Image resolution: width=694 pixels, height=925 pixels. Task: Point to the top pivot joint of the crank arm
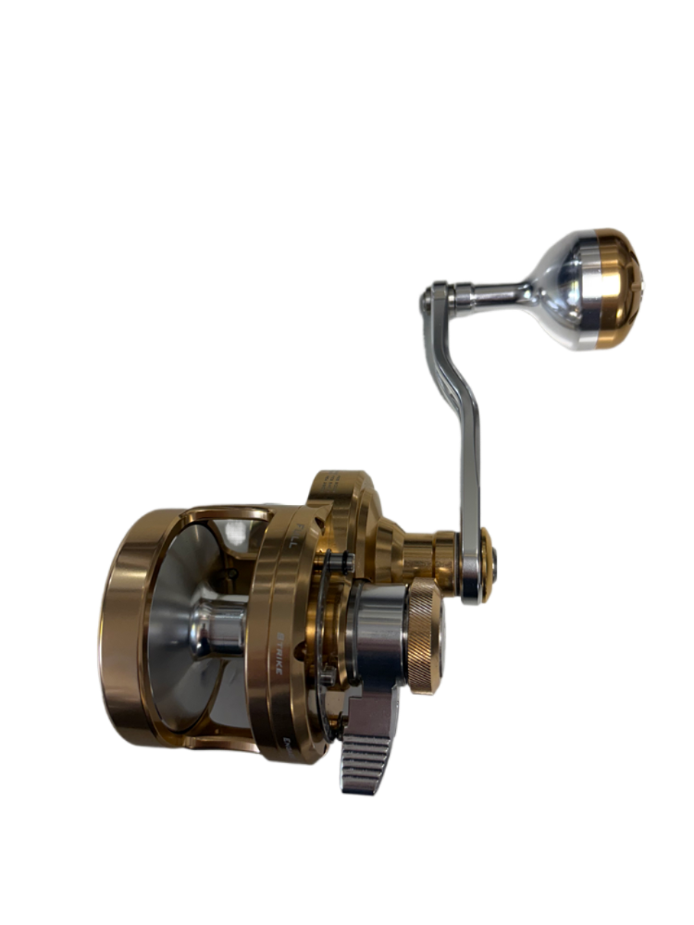pos(433,297)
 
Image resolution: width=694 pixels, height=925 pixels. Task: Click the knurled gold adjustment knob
pos(427,638)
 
